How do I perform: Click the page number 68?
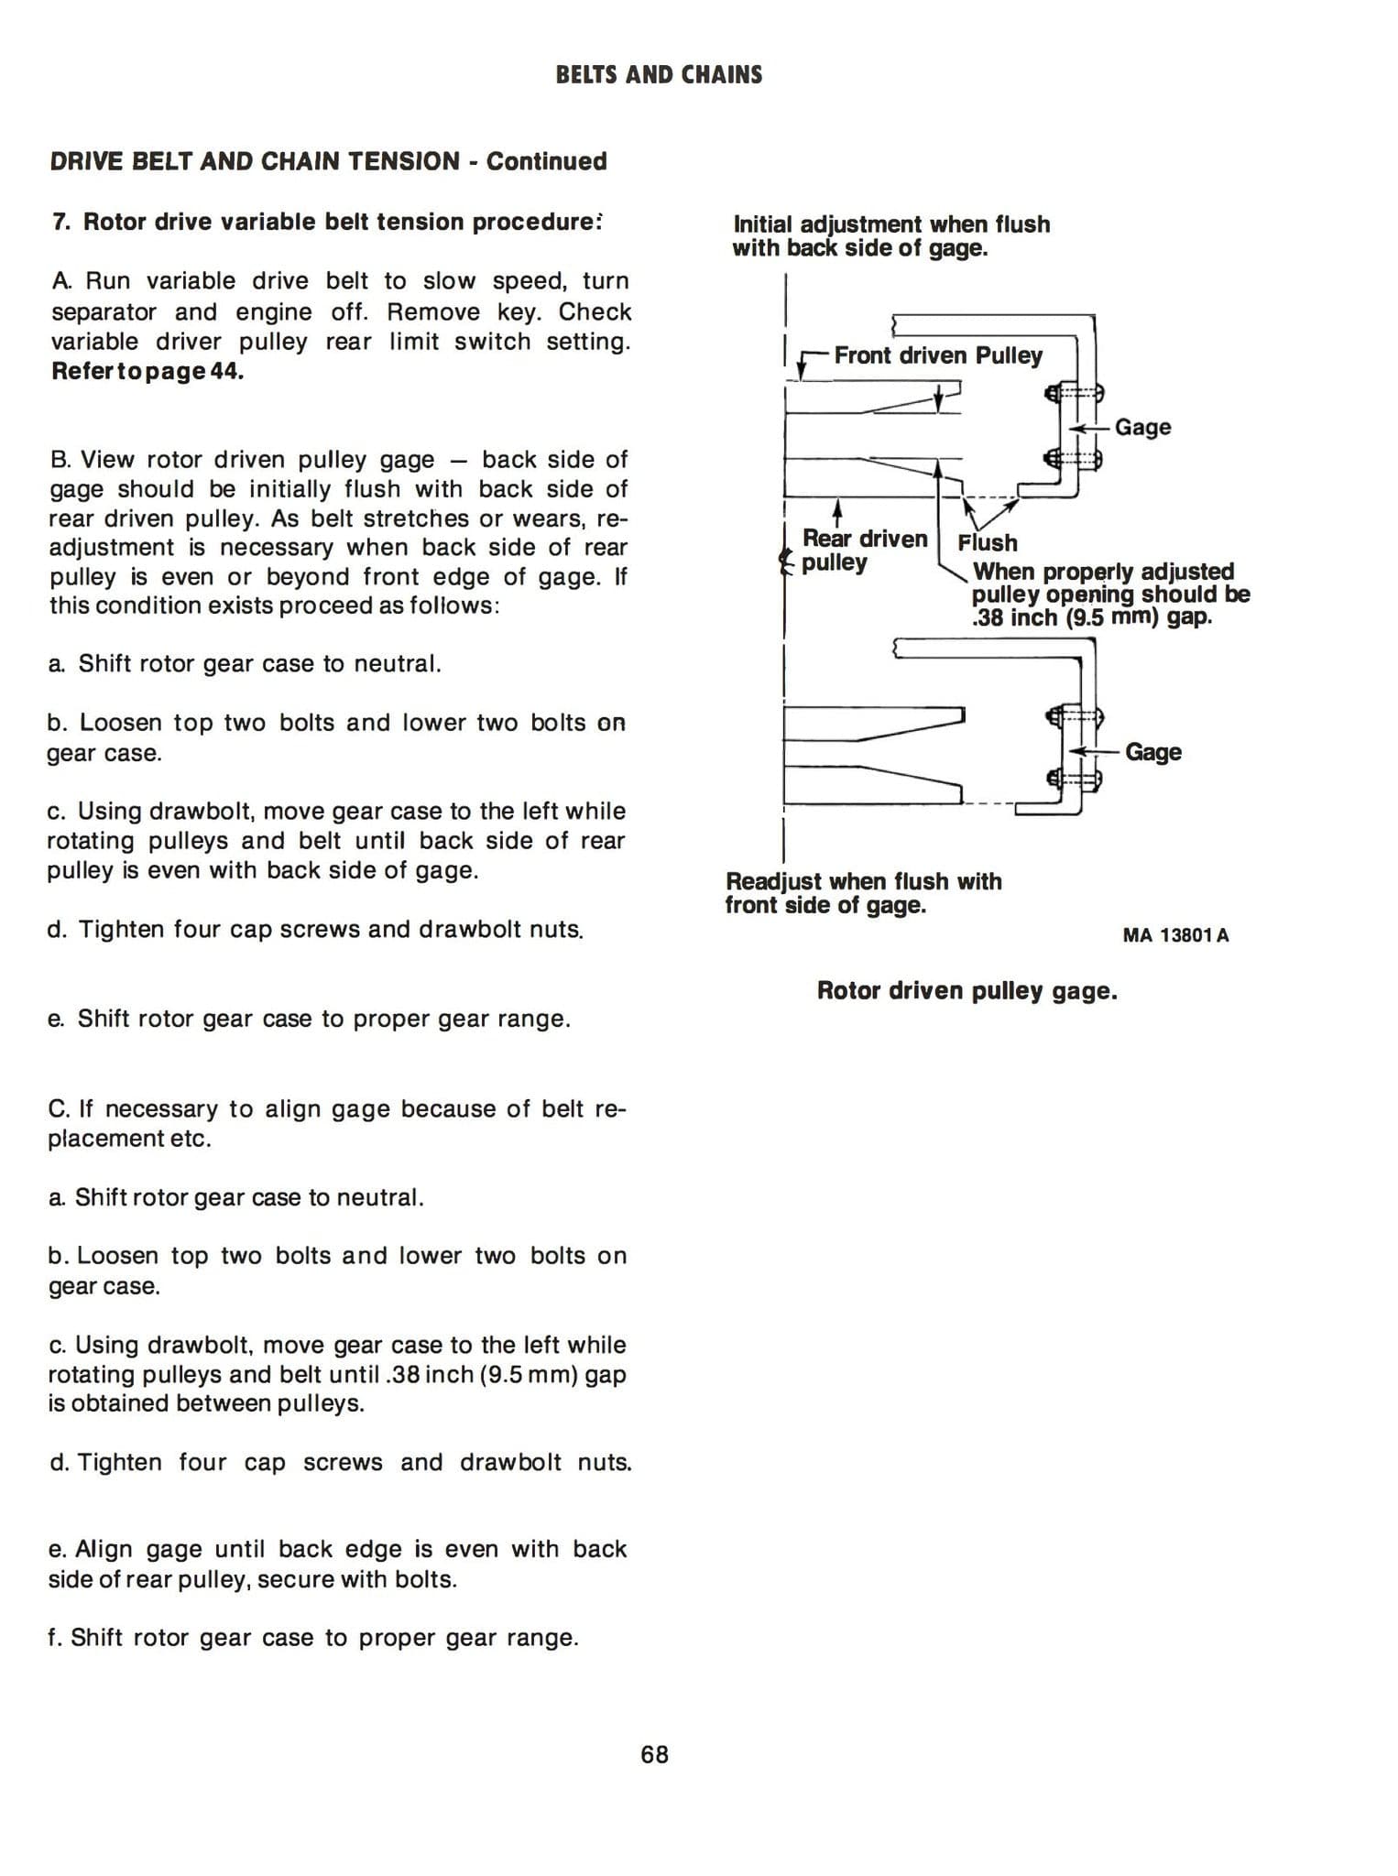(x=654, y=1754)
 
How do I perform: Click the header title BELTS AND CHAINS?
(x=659, y=75)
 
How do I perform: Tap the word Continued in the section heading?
(x=546, y=161)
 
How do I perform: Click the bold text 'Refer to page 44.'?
(x=147, y=372)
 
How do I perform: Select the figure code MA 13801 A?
(x=1175, y=935)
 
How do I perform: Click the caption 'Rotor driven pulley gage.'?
(x=967, y=990)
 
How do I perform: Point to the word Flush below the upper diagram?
(x=987, y=542)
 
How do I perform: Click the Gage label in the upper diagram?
(x=1142, y=427)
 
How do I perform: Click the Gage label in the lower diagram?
(x=1152, y=752)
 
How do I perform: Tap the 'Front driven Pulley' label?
(x=937, y=355)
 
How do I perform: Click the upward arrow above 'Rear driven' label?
(x=836, y=509)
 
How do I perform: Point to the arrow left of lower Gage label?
(x=1097, y=751)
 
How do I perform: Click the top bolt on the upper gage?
(x=1075, y=394)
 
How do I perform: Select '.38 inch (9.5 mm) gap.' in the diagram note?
(x=1091, y=617)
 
